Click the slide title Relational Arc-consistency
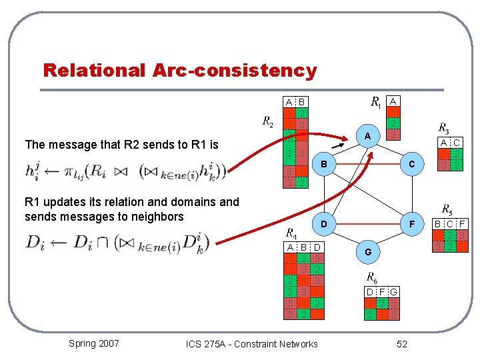pos(179,70)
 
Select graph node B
pos(324,163)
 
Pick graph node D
pos(324,225)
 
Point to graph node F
pos(412,225)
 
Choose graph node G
pos(367,253)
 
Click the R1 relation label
pos(376,103)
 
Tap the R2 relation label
pos(267,121)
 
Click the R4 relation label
pos(292,233)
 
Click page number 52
pos(401,343)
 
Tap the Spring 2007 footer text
pos(93,343)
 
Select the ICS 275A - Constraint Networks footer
pos(251,344)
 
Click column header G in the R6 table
pos(395,291)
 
